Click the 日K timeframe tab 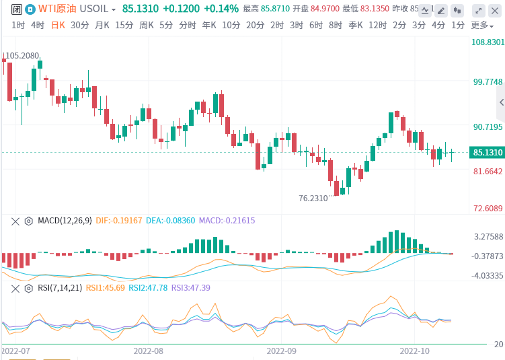[x=59, y=25]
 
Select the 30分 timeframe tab [x=79, y=25]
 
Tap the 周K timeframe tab [x=147, y=25]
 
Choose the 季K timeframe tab [x=356, y=25]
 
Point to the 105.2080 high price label [x=22, y=56]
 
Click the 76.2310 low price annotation [x=313, y=199]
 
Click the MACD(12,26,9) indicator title [x=65, y=220]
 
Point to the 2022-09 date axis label [x=282, y=351]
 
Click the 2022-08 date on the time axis [x=149, y=351]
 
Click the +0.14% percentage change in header [x=221, y=9]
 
